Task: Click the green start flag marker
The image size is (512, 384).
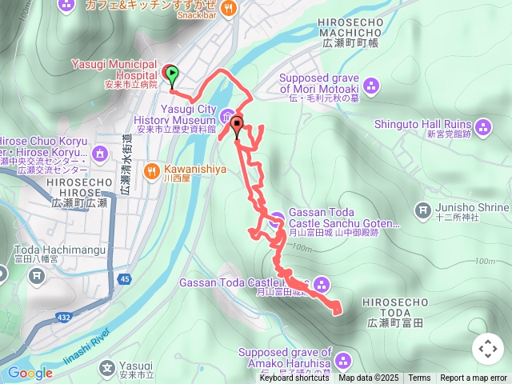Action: pyautogui.click(x=171, y=74)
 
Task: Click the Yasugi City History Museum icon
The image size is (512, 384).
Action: pyautogui.click(x=227, y=114)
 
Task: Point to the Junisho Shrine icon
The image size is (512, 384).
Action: pyautogui.click(x=423, y=210)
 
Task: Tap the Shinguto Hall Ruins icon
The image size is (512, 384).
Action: pyautogui.click(x=482, y=126)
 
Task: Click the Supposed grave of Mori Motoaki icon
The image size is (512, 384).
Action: pyautogui.click(x=370, y=85)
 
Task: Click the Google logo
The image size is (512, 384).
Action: pyautogui.click(x=30, y=373)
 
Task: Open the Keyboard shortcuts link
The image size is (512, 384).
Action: pyautogui.click(x=294, y=378)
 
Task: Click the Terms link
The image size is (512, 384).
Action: pyautogui.click(x=419, y=378)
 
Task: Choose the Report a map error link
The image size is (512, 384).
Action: pyautogui.click(x=474, y=378)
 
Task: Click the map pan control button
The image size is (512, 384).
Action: pyautogui.click(x=488, y=349)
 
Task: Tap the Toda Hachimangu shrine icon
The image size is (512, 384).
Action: pyautogui.click(x=36, y=276)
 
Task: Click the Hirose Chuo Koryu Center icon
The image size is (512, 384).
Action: pyautogui.click(x=100, y=153)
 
